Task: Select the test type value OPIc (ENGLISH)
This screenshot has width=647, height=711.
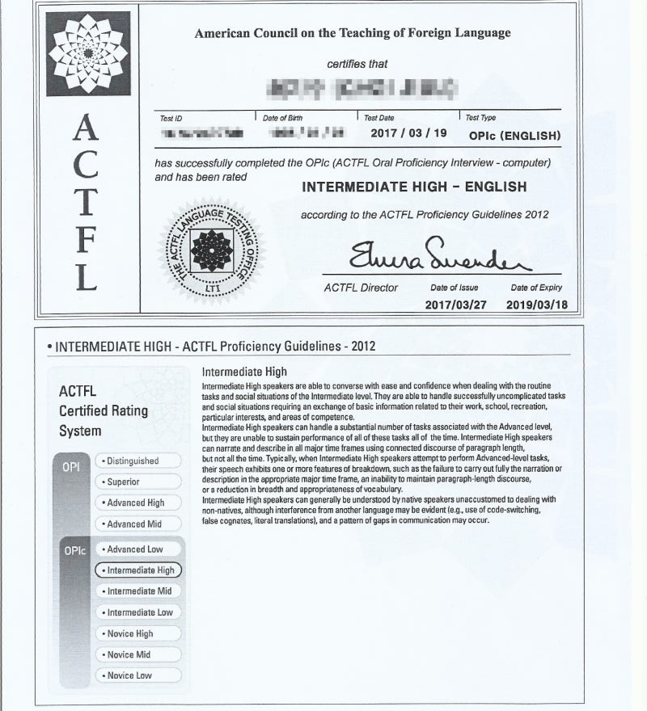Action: pos(514,135)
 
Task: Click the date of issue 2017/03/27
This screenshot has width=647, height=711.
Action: pos(454,305)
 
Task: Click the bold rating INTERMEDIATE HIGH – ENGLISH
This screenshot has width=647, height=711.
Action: pos(414,187)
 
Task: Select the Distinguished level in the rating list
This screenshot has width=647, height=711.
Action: pos(137,461)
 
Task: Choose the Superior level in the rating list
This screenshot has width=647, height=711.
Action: pos(137,482)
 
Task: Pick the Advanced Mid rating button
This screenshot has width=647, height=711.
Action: pos(137,524)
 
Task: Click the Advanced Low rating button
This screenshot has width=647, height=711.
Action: pos(137,549)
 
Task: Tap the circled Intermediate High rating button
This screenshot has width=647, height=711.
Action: pos(138,570)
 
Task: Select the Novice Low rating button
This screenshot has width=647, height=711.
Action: pos(137,675)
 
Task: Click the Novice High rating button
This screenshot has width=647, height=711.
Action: pos(137,633)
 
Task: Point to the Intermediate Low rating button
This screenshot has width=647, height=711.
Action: pos(137,612)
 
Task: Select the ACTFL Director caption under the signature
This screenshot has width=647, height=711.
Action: pos(361,288)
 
